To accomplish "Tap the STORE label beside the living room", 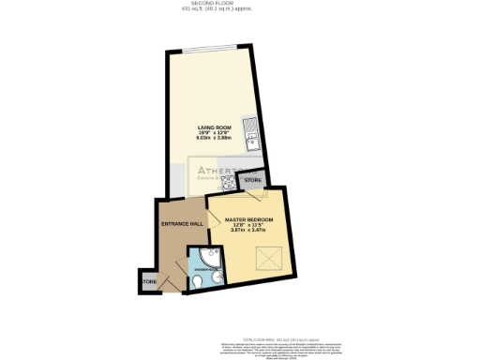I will tap(251, 180).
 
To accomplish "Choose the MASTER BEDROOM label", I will tap(248, 220).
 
